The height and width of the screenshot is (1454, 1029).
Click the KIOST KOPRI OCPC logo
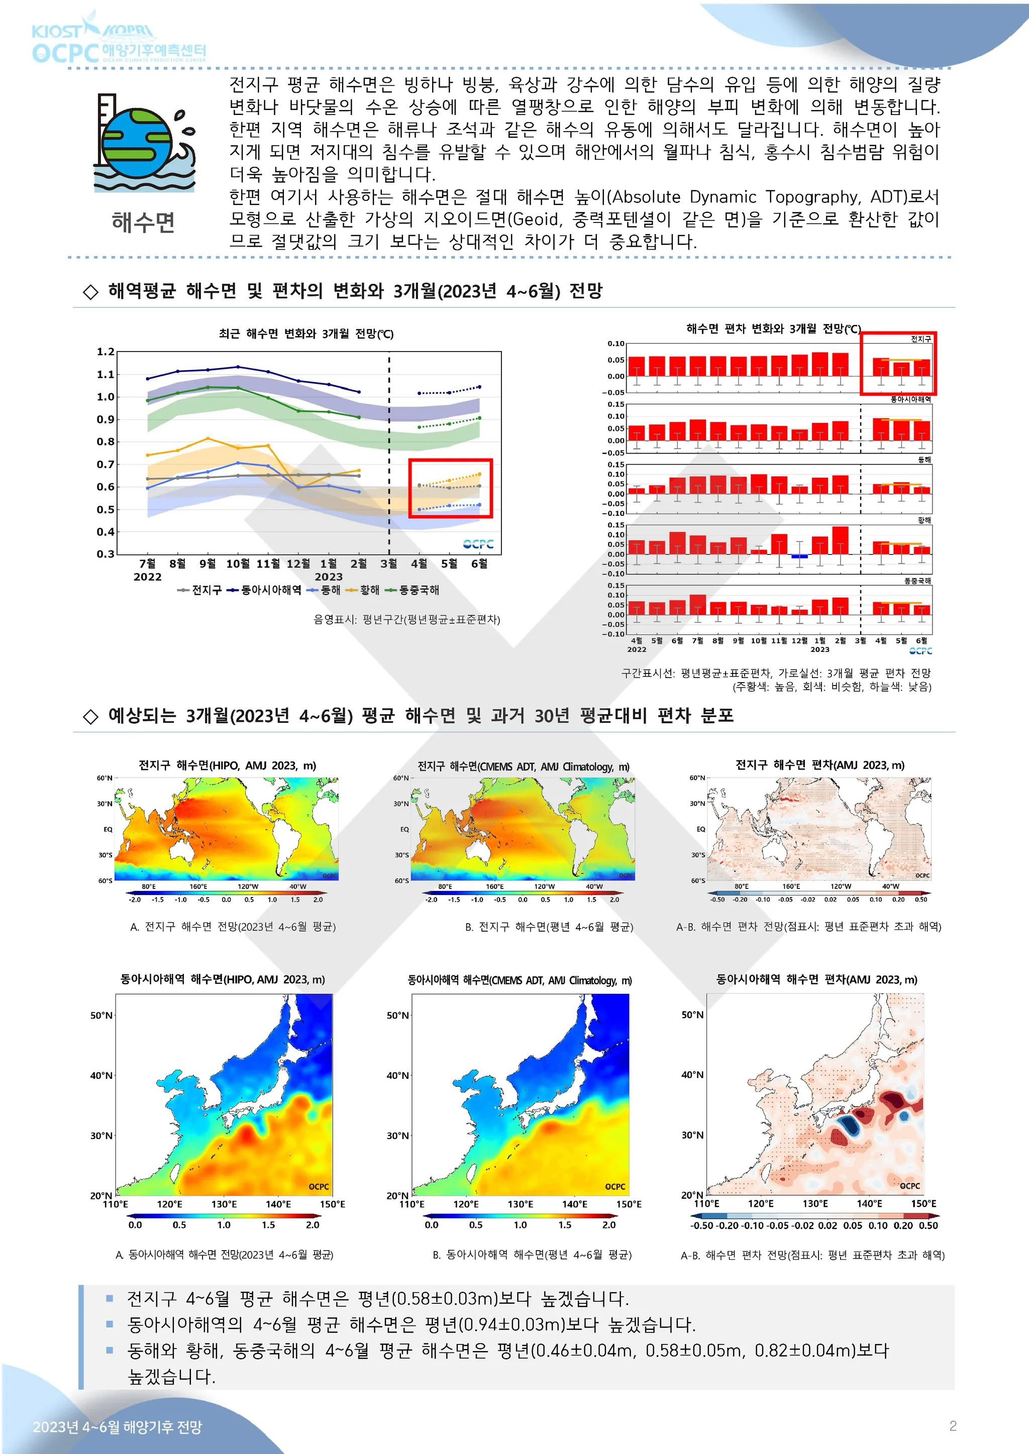pyautogui.click(x=119, y=42)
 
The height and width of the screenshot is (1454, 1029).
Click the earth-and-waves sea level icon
pyautogui.click(x=145, y=143)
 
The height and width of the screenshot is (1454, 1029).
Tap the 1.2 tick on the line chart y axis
pyautogui.click(x=105, y=352)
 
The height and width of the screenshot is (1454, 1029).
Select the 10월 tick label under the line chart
pyautogui.click(x=238, y=564)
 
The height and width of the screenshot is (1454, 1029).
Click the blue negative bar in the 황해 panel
pyautogui.click(x=799, y=556)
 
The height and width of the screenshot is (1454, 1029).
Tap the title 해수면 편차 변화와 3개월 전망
pyautogui.click(x=773, y=328)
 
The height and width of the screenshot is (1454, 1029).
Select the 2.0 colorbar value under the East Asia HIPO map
pyautogui.click(x=313, y=1225)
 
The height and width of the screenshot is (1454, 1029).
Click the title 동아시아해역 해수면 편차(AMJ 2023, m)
pyautogui.click(x=816, y=980)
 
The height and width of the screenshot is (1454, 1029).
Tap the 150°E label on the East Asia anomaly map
pyautogui.click(x=923, y=1204)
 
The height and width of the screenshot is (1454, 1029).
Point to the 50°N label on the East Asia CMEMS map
pyautogui.click(x=398, y=1015)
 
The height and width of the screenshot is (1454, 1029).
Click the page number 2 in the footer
pyautogui.click(x=952, y=1426)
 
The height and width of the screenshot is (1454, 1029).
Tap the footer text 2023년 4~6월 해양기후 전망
pyautogui.click(x=117, y=1427)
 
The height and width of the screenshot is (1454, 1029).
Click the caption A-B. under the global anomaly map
pyautogui.click(x=687, y=927)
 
